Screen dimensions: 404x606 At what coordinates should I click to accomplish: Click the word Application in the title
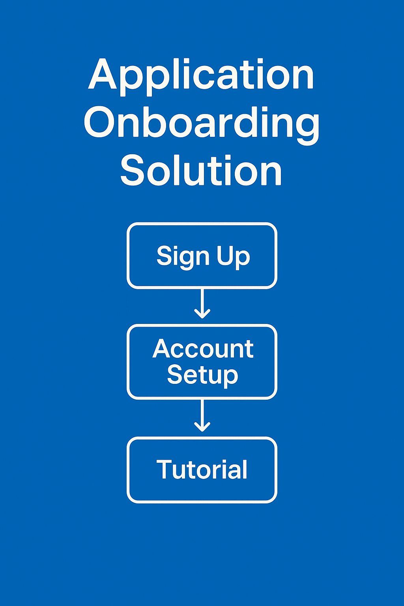201,77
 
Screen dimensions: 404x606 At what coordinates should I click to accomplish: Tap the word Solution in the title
201,170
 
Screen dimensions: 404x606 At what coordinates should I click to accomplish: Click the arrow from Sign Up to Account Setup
202,303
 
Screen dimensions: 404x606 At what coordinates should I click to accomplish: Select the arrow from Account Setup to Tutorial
202,415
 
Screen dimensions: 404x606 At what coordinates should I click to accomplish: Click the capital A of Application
103,74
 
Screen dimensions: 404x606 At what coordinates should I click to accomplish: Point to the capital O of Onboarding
99,122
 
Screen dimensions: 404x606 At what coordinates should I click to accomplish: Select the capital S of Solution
132,170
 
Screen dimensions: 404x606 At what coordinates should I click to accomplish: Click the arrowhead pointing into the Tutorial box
202,426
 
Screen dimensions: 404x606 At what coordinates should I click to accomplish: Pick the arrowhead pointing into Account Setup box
202,314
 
